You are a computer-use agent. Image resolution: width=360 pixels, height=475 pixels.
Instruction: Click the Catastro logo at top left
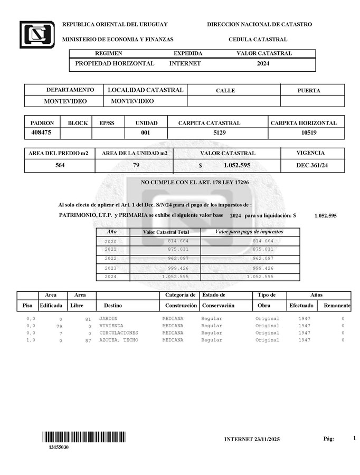(37, 34)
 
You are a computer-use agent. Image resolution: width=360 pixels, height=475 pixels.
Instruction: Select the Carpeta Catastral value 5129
(219, 133)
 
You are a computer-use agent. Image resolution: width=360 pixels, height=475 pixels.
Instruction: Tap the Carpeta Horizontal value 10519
(309, 133)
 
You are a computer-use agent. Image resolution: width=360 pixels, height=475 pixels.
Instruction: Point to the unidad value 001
(145, 133)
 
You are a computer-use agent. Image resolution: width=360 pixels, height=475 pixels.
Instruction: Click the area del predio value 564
(60, 165)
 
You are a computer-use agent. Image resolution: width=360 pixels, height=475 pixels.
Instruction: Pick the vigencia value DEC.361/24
(312, 165)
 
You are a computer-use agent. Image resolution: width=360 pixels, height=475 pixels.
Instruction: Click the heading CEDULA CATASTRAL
(258, 40)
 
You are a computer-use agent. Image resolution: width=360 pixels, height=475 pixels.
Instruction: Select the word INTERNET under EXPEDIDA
(185, 63)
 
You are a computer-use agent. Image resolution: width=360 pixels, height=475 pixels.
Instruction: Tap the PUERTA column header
(309, 90)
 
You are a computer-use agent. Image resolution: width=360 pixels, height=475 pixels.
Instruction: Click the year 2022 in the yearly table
(111, 259)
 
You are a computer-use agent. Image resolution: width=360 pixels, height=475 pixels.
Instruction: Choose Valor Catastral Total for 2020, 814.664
(178, 241)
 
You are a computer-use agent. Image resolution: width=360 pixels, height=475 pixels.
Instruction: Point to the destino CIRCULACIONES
(119, 333)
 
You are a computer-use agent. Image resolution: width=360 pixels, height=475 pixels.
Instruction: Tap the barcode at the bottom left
(84, 437)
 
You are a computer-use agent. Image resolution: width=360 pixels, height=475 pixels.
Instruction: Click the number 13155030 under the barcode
(59, 448)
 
